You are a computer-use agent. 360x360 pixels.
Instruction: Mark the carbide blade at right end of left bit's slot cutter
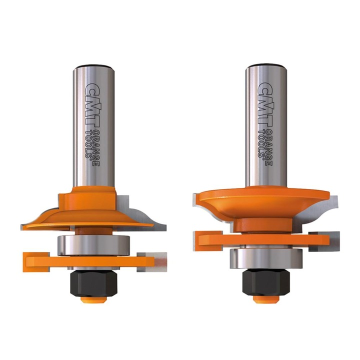[159, 260]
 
